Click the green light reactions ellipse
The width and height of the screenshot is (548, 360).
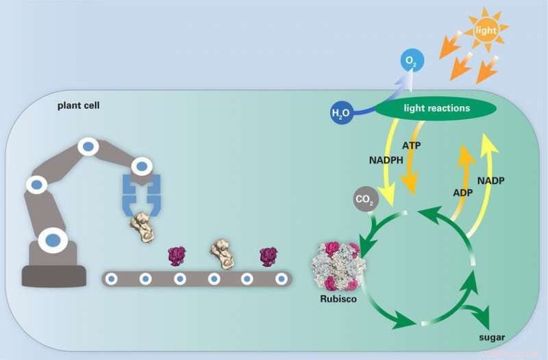[436, 108]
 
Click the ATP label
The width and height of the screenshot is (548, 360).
[411, 146]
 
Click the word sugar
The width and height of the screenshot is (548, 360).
[492, 337]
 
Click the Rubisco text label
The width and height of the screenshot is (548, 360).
[338, 299]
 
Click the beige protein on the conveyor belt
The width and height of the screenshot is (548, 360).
[223, 254]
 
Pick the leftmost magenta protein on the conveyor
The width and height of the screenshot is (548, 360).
[178, 256]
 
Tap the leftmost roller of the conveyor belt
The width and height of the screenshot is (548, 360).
[112, 279]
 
